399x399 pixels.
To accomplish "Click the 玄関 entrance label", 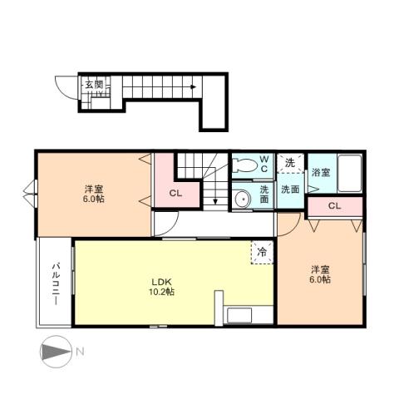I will point(93,84).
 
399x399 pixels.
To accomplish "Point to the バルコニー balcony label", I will point(54,283).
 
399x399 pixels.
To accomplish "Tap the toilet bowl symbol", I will point(243,165).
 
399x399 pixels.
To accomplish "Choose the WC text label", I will point(264,163).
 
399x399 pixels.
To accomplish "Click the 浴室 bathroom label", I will point(320,173).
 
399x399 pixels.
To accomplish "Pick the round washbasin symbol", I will point(242,198).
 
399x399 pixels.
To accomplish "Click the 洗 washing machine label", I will point(289,163).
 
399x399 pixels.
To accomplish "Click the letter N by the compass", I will point(81,352).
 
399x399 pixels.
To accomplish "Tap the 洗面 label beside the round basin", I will point(264,195).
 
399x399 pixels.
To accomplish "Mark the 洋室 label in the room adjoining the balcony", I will point(93,189).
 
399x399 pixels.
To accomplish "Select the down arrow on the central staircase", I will point(212,198).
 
